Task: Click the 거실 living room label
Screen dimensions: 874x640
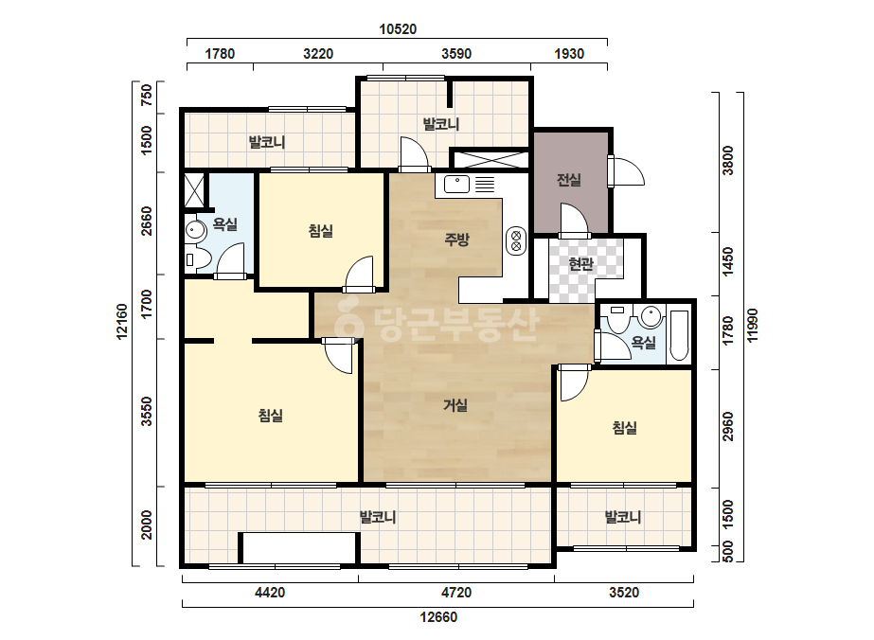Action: coord(455,405)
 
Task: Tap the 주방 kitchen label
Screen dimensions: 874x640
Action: coord(456,240)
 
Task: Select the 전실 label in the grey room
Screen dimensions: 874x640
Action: coord(568,180)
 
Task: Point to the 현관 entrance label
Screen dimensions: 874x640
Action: coord(580,264)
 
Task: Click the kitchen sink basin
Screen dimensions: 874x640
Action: coord(456,184)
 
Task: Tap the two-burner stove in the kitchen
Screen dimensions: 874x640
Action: coord(516,240)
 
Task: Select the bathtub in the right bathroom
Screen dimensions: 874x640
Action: coord(679,334)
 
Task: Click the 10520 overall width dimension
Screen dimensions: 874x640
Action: coord(398,29)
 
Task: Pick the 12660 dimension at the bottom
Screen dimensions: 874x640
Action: coord(438,617)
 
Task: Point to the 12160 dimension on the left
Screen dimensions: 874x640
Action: coord(121,321)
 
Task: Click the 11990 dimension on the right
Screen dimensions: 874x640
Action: coord(753,326)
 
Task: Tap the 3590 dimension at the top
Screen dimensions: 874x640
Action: coord(456,54)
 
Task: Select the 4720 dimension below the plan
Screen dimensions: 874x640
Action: coord(456,592)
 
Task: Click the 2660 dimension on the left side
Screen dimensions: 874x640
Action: coord(147,221)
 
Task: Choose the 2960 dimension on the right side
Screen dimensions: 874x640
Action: coord(728,426)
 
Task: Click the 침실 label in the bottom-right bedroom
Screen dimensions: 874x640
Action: coord(624,428)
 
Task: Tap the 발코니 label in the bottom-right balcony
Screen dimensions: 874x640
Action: coord(623,517)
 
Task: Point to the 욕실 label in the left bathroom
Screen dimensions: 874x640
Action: coord(225,224)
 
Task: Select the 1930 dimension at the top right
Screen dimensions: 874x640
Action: coord(569,54)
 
